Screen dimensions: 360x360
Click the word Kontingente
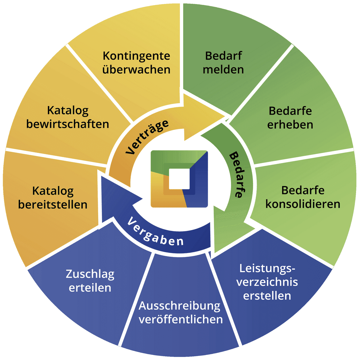136,56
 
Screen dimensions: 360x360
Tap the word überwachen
136,70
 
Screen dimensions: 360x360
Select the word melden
223,70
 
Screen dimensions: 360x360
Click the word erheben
290,125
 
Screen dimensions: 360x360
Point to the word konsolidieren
303,204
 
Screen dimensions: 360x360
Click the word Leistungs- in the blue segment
267,268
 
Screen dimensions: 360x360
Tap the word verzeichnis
267,282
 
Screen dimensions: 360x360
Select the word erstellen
267,296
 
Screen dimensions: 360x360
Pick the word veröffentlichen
181,319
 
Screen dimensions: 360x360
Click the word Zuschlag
90,274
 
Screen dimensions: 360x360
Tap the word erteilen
90,288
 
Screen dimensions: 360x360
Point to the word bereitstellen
53,205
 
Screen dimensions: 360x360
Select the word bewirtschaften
68,124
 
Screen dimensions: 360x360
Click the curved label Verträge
147,137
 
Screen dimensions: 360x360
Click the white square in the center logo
179,179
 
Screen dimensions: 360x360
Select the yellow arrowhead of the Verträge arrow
203,117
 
